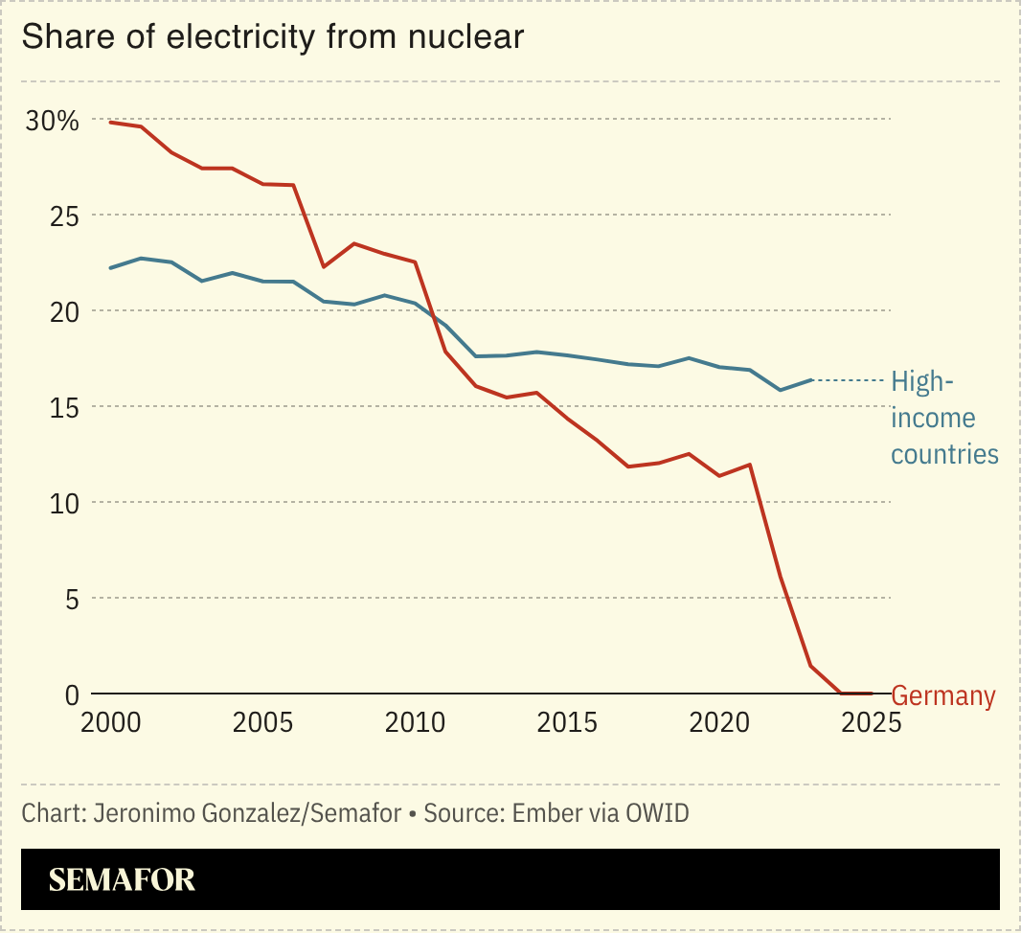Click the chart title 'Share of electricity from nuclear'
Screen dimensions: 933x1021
272,37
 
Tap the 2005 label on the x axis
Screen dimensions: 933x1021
262,722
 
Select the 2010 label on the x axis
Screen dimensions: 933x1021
415,722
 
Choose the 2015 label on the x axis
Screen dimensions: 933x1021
567,722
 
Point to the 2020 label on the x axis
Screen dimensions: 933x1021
720,722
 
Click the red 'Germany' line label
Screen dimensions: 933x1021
943,696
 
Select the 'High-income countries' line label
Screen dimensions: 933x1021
943,418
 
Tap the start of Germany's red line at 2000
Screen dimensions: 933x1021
110,122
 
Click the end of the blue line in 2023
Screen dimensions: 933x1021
812,380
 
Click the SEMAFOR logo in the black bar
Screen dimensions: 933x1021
122,879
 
